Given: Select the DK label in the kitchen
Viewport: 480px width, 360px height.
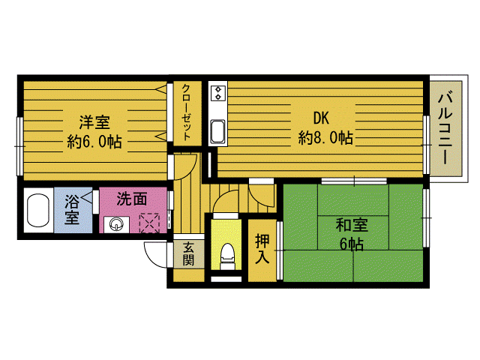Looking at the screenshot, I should (x=321, y=117).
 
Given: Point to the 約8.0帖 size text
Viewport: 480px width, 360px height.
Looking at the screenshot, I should (x=325, y=137).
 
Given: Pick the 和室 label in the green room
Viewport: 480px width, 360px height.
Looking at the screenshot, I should (x=350, y=224).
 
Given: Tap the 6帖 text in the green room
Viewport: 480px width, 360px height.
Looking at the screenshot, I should (x=350, y=244).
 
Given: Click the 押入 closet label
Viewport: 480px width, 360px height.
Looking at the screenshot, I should (x=262, y=249).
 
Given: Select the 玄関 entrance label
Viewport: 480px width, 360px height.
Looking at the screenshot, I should (x=187, y=253).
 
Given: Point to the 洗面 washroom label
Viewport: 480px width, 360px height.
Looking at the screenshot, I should (x=131, y=199).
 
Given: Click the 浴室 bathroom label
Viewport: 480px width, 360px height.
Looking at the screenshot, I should (x=72, y=210).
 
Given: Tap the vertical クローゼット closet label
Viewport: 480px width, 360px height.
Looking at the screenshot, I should (x=187, y=112).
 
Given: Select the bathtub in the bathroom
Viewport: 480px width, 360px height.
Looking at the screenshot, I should (x=37, y=213).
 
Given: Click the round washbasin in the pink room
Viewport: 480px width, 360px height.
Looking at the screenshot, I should (x=116, y=223).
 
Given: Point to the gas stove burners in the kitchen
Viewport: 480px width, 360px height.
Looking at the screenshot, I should (x=219, y=93).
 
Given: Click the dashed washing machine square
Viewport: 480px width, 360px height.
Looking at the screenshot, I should (x=151, y=223).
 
